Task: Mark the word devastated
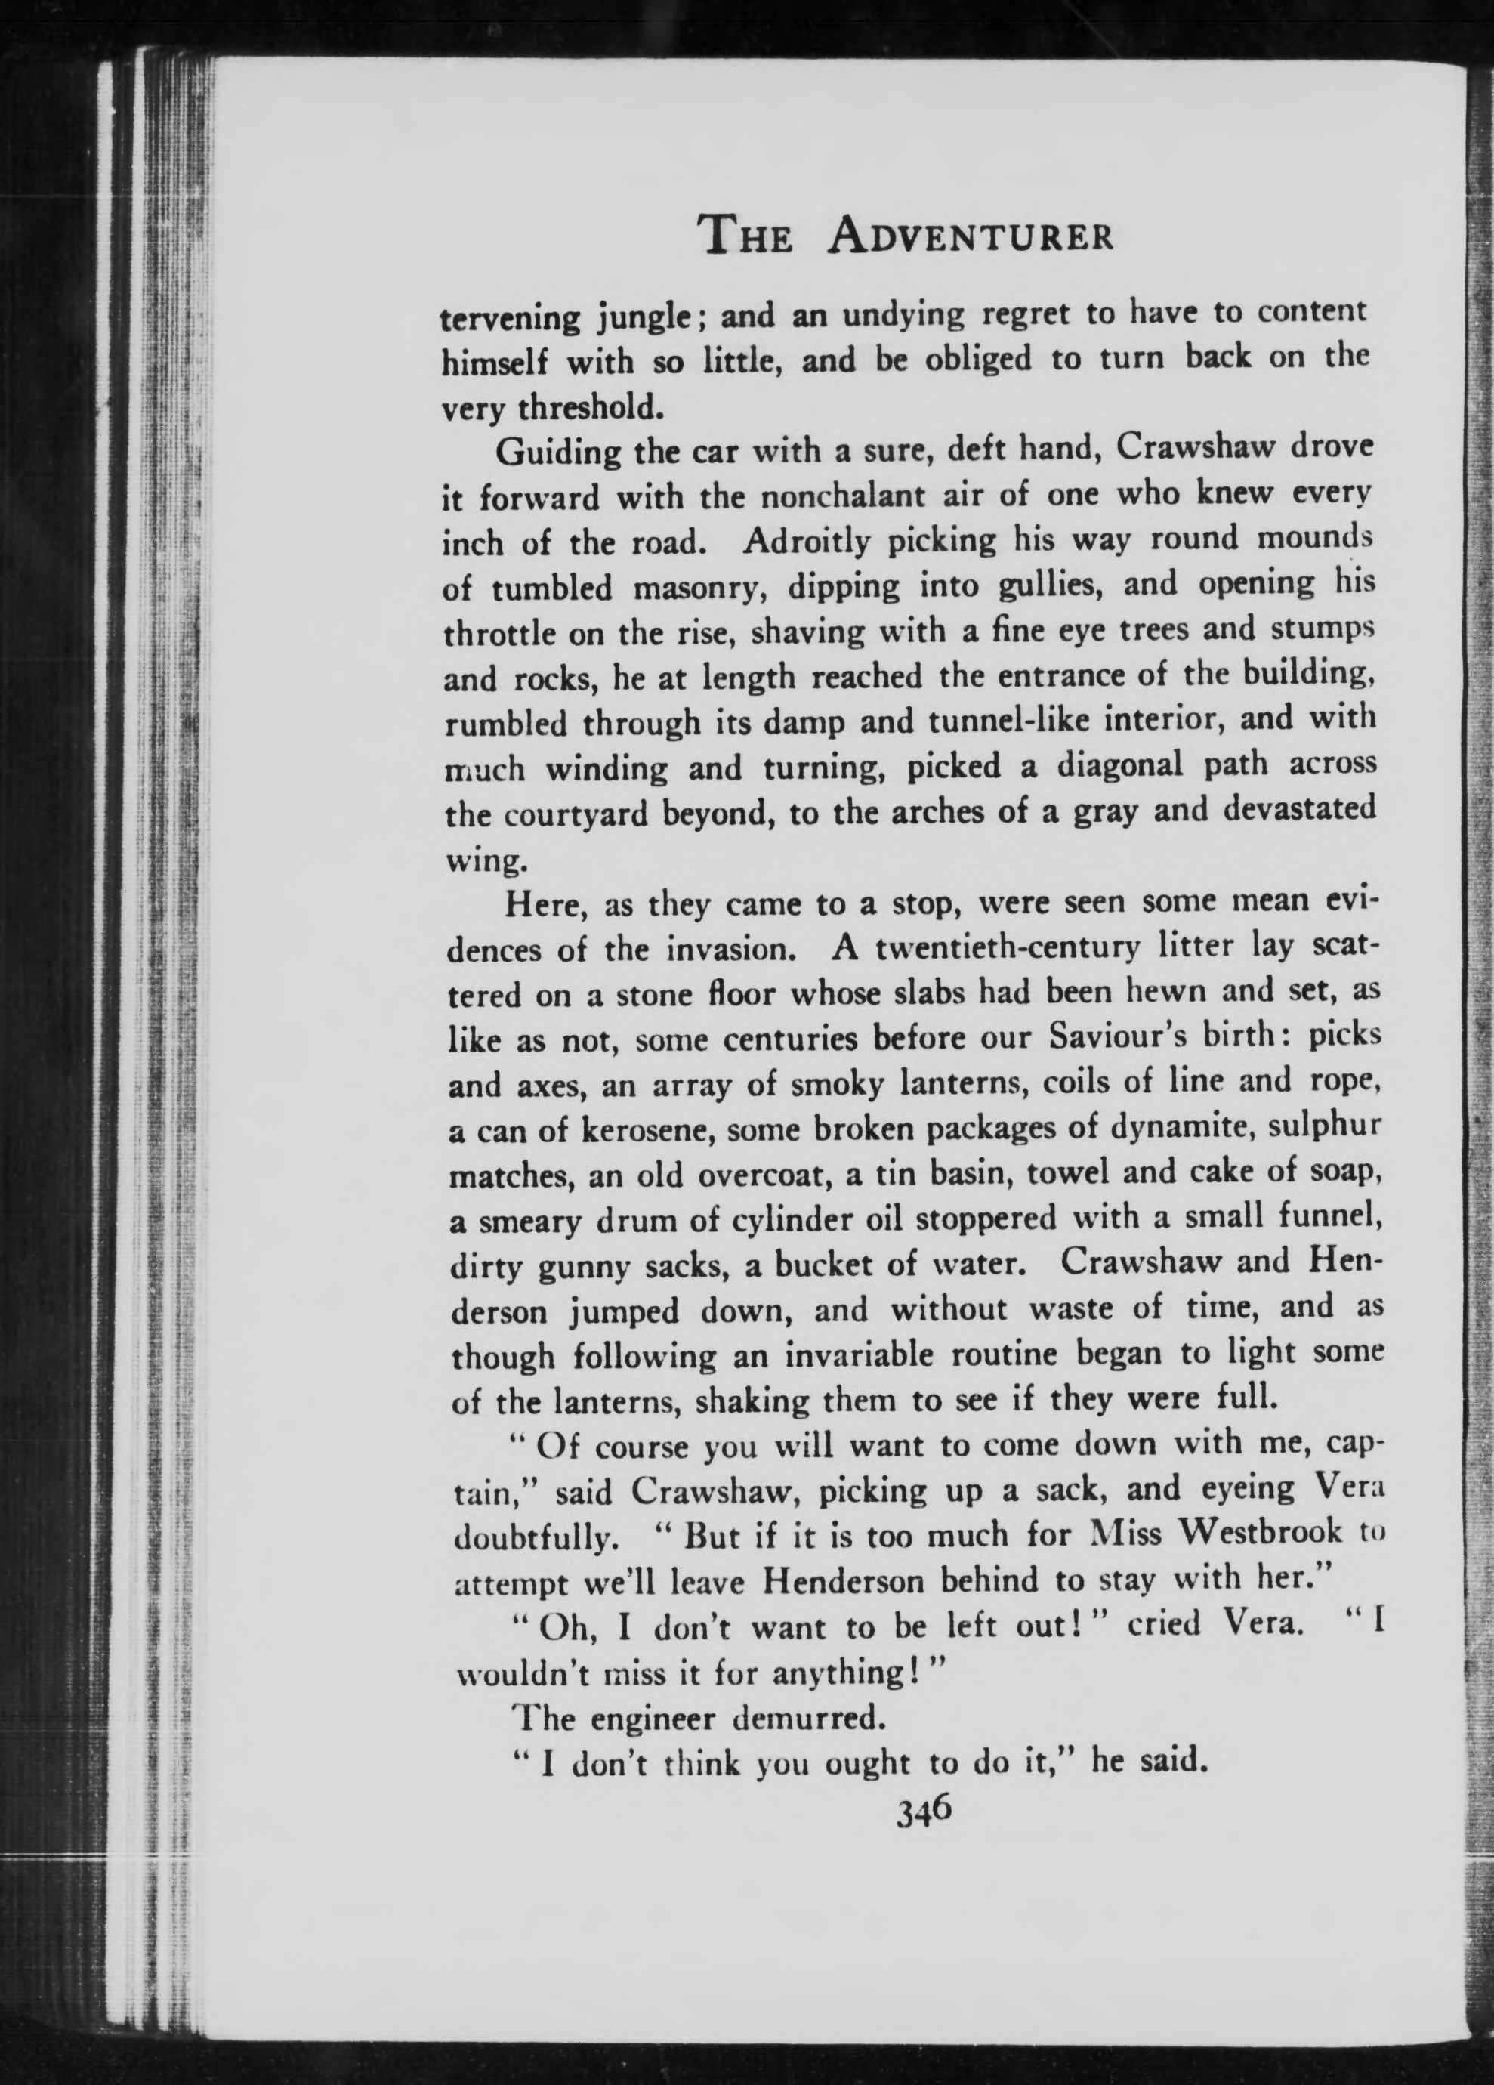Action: pyautogui.click(x=1295, y=811)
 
